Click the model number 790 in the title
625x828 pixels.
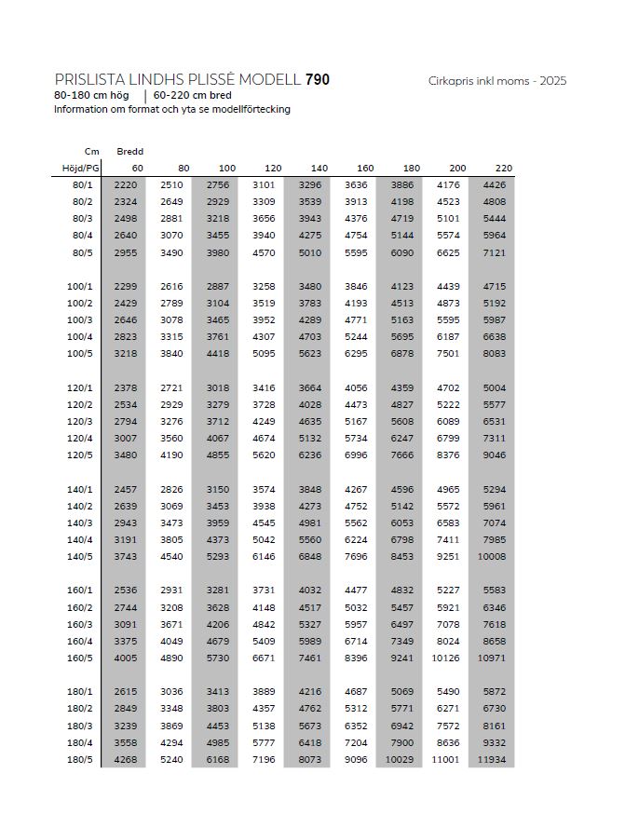coord(317,80)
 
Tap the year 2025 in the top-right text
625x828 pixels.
coord(551,81)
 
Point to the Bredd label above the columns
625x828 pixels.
coord(129,151)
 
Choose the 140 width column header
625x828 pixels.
coord(319,168)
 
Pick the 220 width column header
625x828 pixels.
coord(503,168)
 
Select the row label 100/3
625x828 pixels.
coord(79,319)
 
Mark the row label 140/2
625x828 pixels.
coord(79,506)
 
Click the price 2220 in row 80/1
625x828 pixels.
coord(125,185)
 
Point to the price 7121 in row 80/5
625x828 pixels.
coord(494,252)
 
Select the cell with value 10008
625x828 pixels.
coord(491,556)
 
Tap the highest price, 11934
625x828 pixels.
coord(491,758)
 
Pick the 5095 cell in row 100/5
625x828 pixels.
coord(264,353)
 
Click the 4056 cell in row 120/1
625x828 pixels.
coord(356,387)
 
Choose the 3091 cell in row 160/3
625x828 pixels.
coord(125,624)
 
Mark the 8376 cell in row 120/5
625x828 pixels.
coord(448,455)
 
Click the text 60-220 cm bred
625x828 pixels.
coord(193,95)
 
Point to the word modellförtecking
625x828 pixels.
coord(248,109)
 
